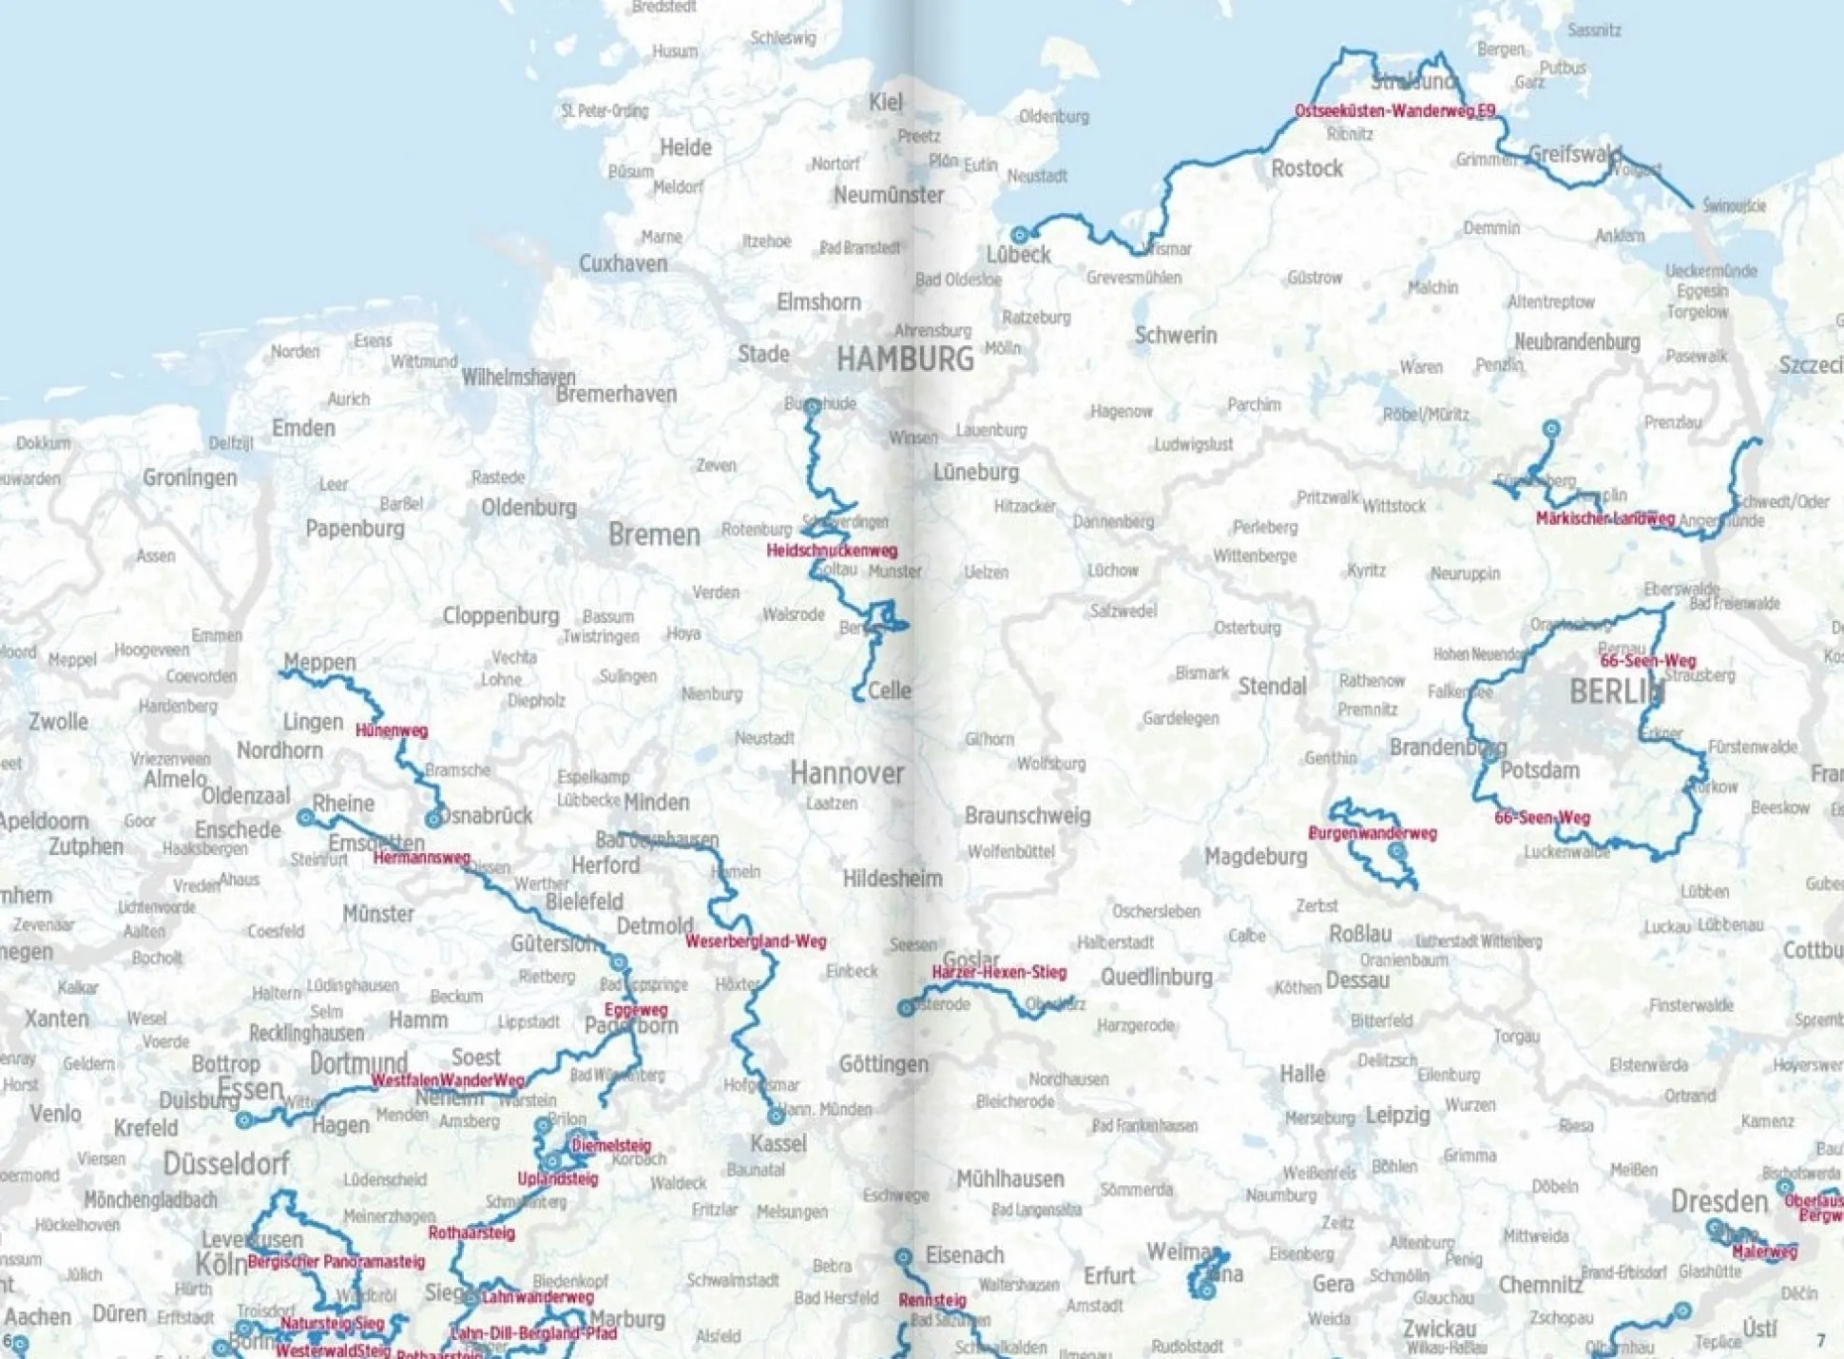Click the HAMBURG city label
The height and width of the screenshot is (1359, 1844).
click(x=904, y=359)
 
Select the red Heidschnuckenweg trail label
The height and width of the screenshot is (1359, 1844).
click(x=832, y=551)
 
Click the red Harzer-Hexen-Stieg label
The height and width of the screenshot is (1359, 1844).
click(x=999, y=972)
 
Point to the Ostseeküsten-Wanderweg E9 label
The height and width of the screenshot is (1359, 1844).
click(x=1394, y=111)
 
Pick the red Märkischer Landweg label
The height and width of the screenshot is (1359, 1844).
click(x=1604, y=519)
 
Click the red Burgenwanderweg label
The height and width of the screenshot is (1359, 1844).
click(x=1372, y=833)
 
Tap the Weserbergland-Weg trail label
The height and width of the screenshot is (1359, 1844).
click(x=756, y=942)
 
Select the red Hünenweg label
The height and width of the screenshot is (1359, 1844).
click(x=392, y=730)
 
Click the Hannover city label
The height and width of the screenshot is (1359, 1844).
click(x=847, y=773)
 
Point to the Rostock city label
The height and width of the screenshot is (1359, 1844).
click(x=1307, y=169)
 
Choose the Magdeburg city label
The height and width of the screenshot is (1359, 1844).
click(x=1256, y=857)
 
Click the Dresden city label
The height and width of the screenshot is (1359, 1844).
click(x=1719, y=1201)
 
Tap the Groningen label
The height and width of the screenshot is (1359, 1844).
click(x=190, y=477)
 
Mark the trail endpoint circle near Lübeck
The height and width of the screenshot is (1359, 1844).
click(x=1020, y=234)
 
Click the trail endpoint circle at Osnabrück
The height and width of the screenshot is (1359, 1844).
click(x=433, y=819)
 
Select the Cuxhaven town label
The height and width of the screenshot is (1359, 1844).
click(x=623, y=263)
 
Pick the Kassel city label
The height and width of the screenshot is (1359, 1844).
click(x=778, y=1143)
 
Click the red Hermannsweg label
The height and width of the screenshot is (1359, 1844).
click(x=421, y=858)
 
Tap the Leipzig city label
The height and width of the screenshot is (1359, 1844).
click(x=1397, y=1115)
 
